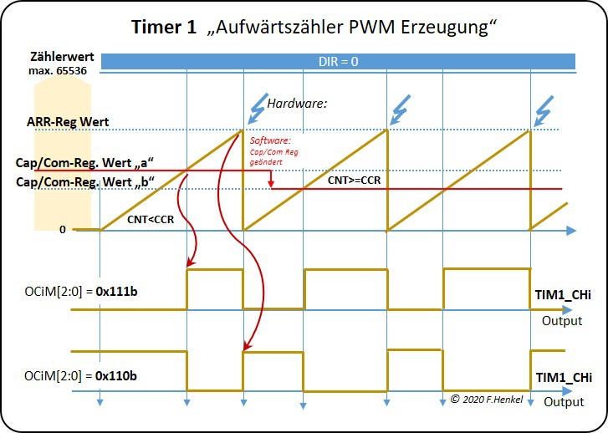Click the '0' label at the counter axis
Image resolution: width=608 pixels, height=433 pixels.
62,228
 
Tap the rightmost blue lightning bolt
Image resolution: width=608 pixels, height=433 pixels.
545,109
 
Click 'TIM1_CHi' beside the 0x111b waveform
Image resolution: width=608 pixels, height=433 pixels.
563,296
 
